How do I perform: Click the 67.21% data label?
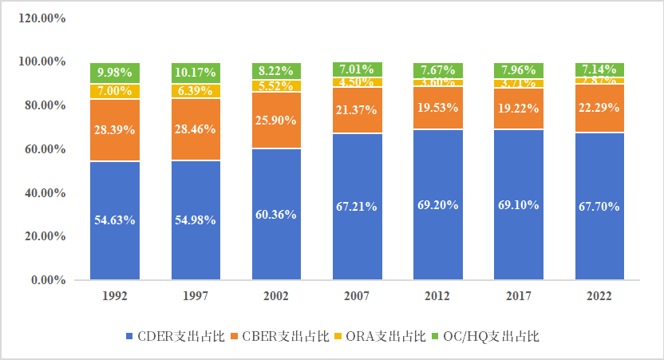tap(357, 206)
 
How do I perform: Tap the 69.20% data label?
tap(437, 204)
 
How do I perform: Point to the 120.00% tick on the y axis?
tap(41, 18)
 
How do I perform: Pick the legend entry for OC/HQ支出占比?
tap(486, 336)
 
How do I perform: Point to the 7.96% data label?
tap(518, 69)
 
